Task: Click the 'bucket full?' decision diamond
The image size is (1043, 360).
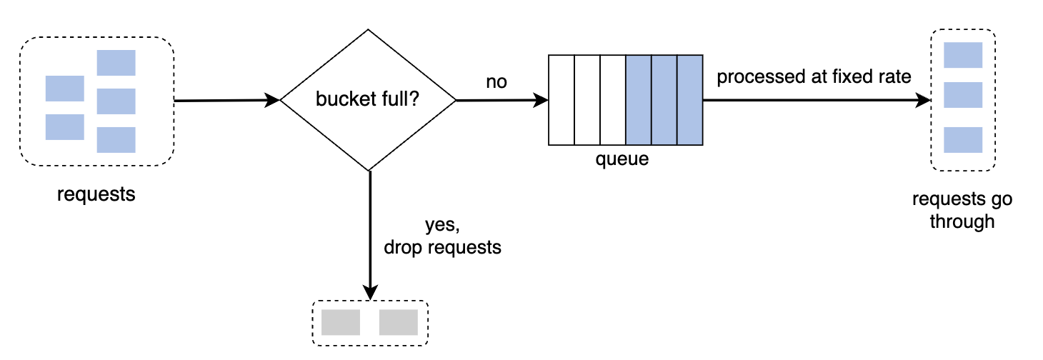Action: [x=368, y=100]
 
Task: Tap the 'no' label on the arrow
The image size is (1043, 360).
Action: [x=496, y=82]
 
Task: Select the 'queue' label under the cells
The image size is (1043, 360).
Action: [x=622, y=159]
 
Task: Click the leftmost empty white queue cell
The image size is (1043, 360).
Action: [x=561, y=100]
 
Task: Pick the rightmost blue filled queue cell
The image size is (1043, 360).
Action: [x=690, y=100]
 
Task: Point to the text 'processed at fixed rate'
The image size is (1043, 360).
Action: [x=814, y=77]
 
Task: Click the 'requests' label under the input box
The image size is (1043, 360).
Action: [x=96, y=194]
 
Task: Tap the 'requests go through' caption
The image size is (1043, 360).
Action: [x=962, y=210]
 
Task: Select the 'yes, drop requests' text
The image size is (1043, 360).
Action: [x=442, y=237]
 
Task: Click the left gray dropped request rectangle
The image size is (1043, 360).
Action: [x=340, y=322]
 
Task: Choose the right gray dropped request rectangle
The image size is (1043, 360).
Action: [x=398, y=322]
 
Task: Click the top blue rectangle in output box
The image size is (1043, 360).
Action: [x=963, y=55]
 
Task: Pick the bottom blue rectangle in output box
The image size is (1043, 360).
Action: [x=963, y=140]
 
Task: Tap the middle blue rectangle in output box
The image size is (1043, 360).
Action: [x=963, y=95]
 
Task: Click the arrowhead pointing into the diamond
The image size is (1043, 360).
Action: [x=272, y=101]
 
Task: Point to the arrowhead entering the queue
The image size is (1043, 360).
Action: [x=541, y=101]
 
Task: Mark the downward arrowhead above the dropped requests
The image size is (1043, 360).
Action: [x=370, y=291]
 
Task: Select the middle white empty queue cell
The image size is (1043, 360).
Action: [x=587, y=100]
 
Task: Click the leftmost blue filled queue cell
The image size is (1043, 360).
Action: [x=638, y=100]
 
